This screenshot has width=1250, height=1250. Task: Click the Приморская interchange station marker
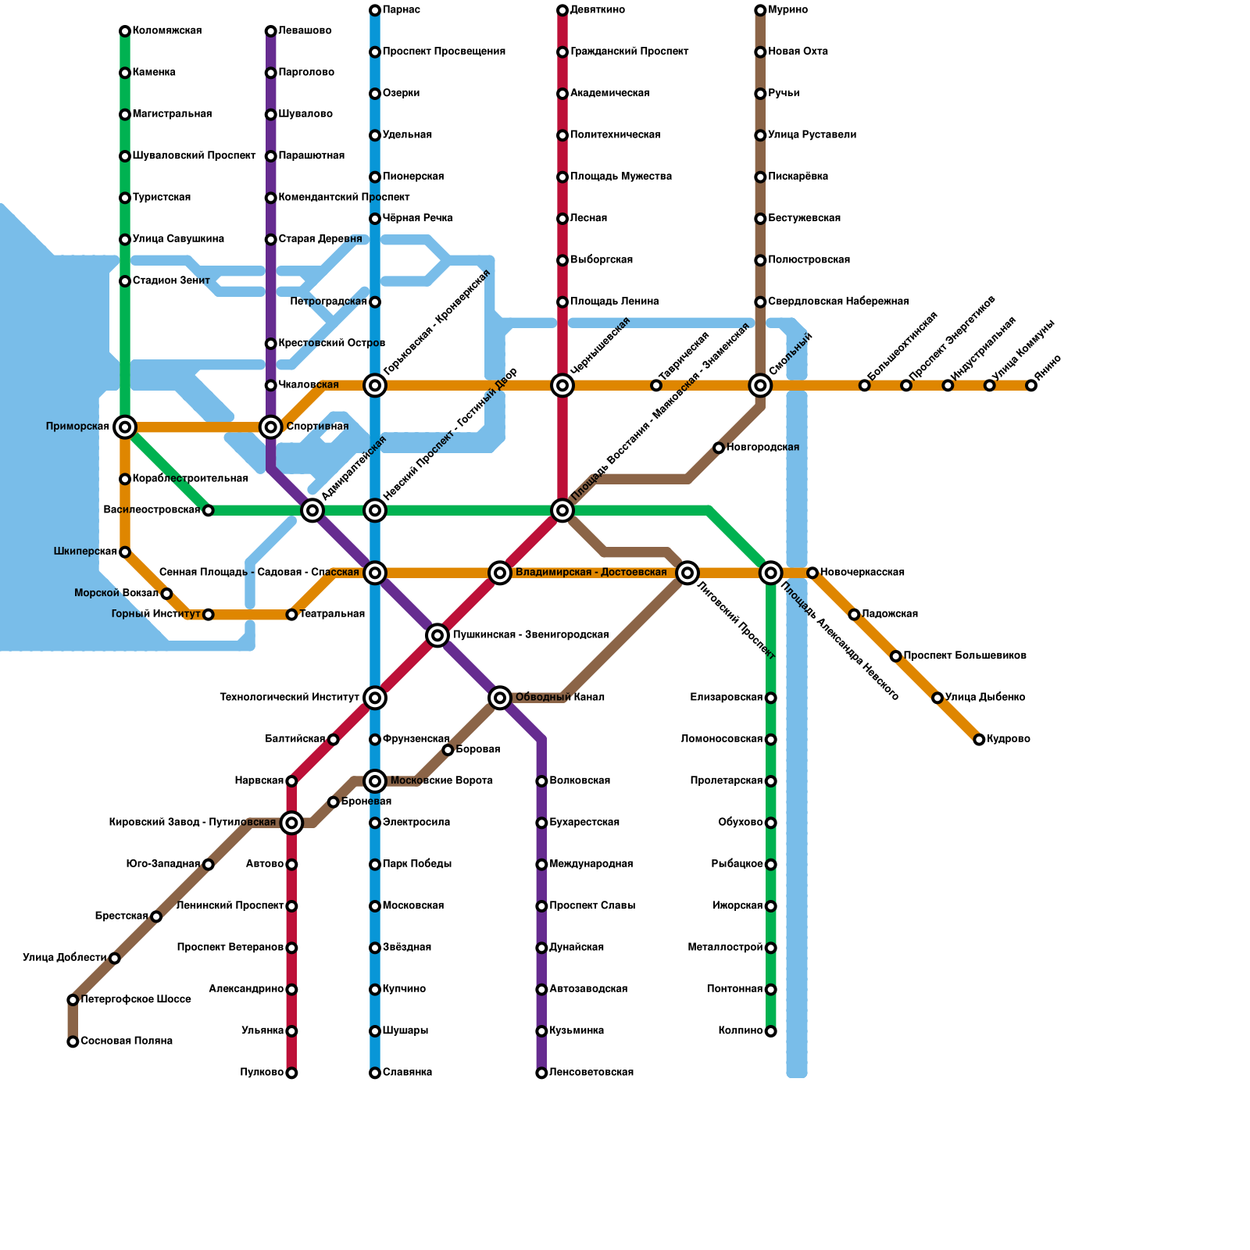(125, 427)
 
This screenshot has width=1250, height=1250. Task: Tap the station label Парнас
(402, 10)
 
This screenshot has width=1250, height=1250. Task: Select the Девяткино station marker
(562, 10)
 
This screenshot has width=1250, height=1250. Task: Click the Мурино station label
(787, 10)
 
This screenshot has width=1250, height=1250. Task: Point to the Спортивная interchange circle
(271, 427)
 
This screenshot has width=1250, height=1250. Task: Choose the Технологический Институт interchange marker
(375, 698)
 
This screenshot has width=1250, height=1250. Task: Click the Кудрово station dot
(979, 739)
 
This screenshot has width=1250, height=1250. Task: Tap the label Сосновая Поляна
(127, 1041)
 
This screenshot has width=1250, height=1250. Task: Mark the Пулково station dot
(291, 1073)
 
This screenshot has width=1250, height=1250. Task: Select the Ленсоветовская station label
(591, 1073)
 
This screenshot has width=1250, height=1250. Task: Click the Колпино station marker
(771, 1031)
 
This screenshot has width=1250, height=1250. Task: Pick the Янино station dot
(1031, 385)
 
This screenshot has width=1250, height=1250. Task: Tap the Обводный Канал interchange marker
(500, 698)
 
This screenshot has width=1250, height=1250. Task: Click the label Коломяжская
(167, 31)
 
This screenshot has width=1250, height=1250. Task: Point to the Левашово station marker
(271, 31)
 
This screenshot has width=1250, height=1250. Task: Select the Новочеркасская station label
(862, 573)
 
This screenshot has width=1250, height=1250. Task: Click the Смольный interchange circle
(760, 385)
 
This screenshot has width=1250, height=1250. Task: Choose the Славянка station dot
(375, 1073)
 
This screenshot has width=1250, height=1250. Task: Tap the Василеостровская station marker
(208, 510)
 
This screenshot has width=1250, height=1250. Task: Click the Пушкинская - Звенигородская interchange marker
(437, 635)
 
